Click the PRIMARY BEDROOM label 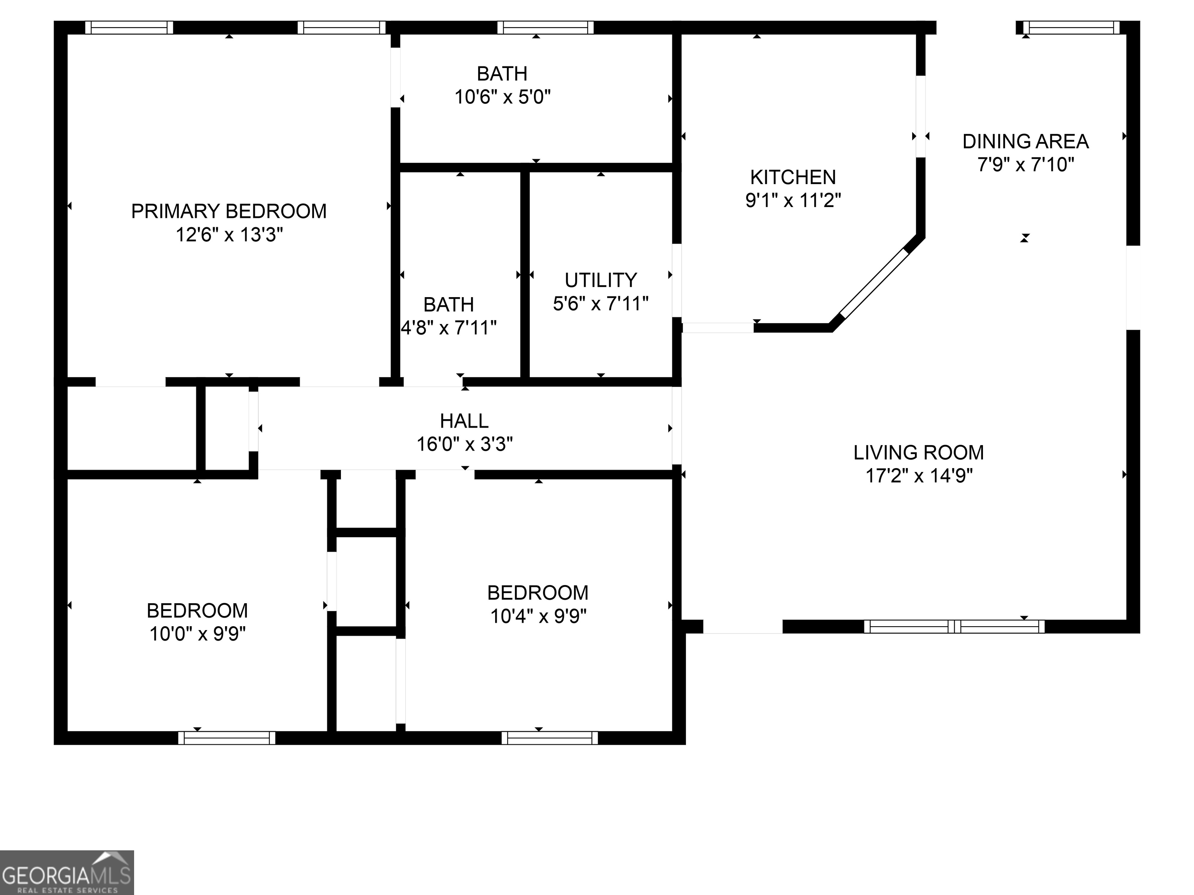[x=229, y=211]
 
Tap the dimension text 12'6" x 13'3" [x=229, y=235]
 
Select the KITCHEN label [x=793, y=177]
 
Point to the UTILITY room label [x=600, y=280]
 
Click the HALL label [x=464, y=421]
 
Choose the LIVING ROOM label [x=918, y=453]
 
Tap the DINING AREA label [x=1025, y=141]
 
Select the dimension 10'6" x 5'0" [x=502, y=97]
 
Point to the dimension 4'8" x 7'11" [x=449, y=327]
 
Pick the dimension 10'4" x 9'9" [x=538, y=616]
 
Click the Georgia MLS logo [x=66, y=872]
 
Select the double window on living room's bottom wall [x=954, y=626]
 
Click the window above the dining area [x=1072, y=28]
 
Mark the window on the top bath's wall [x=545, y=28]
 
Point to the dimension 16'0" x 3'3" [x=464, y=444]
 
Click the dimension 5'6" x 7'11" [x=600, y=304]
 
